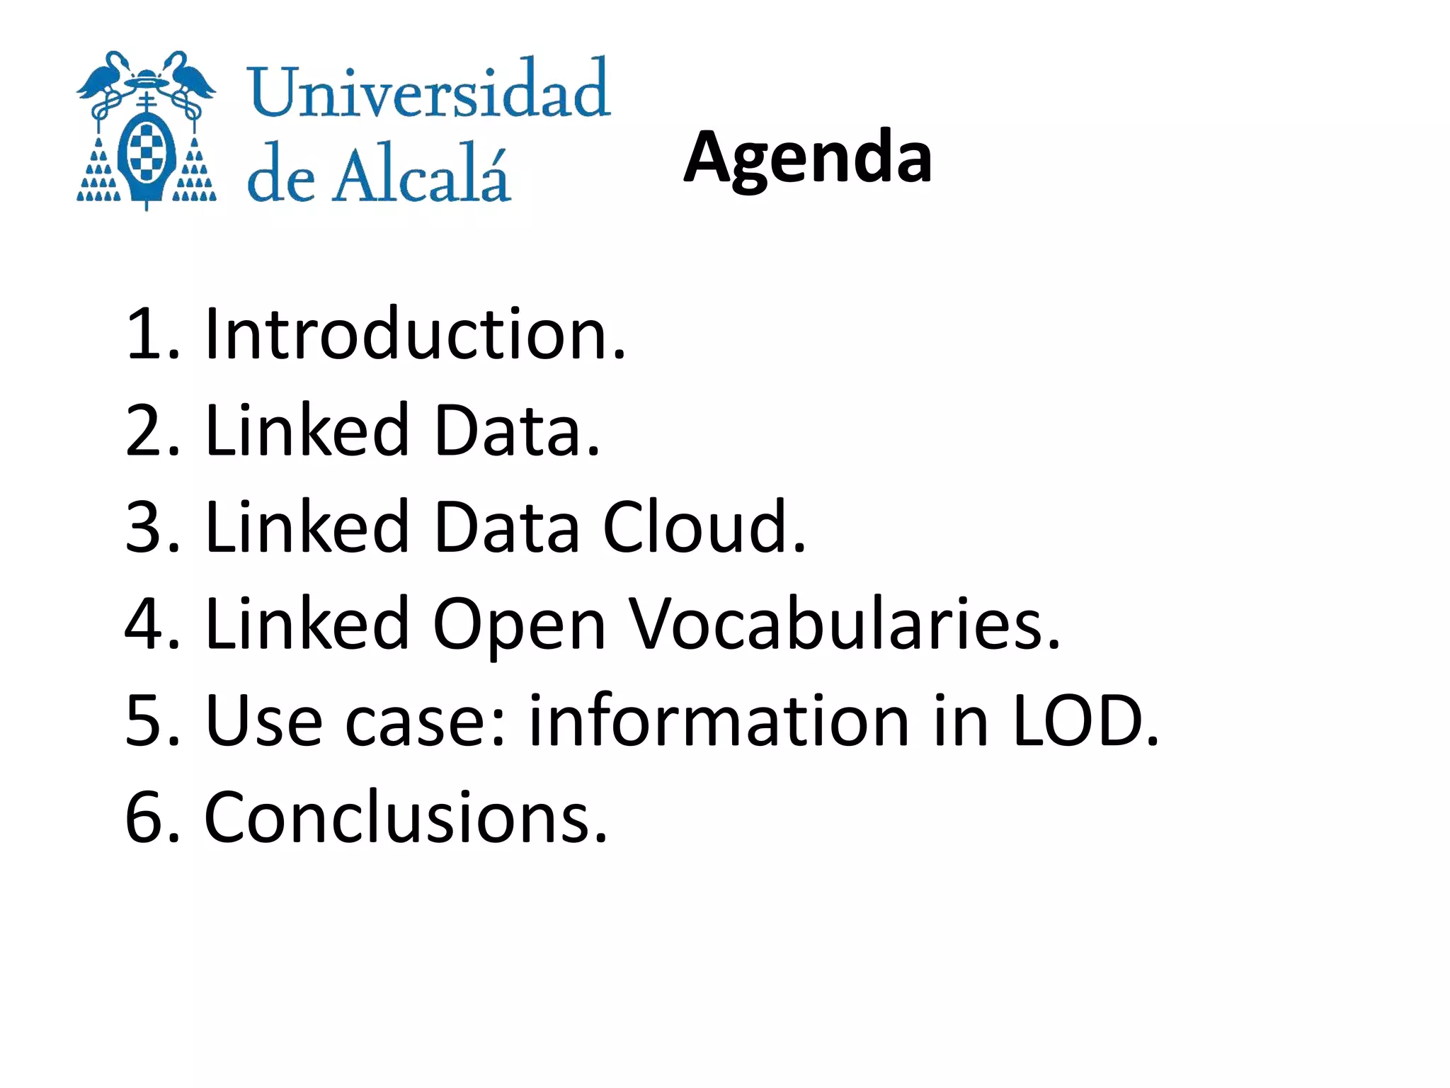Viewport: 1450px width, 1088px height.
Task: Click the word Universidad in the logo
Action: coord(428,90)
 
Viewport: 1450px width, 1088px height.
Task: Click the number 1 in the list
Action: coord(142,334)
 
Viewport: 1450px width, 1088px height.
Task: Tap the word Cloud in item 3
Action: coord(704,527)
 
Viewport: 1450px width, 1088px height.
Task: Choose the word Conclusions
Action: coord(405,817)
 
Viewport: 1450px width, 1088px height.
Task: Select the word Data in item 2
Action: coord(516,431)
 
